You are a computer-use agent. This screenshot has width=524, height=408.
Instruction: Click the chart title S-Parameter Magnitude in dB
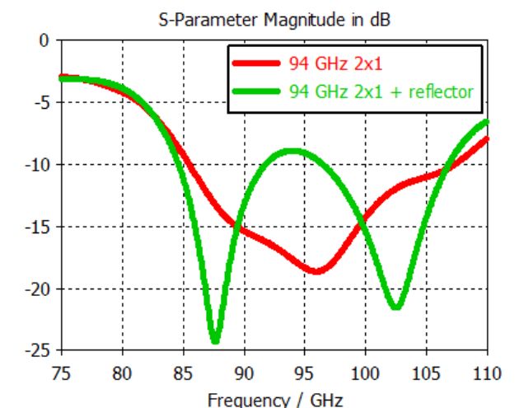[274, 18]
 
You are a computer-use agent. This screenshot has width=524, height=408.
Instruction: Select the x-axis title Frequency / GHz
[274, 401]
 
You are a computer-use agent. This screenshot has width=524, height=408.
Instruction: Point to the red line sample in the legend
[257, 63]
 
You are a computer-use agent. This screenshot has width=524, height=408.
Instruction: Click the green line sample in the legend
[257, 91]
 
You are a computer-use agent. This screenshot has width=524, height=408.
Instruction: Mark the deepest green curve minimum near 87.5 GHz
[215, 340]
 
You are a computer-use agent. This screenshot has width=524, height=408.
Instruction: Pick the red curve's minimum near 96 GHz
[317, 270]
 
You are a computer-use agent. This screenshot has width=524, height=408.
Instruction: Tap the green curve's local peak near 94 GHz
[292, 151]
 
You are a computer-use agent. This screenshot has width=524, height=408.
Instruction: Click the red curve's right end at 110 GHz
[487, 138]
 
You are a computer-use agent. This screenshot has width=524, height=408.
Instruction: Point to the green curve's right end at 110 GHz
[487, 122]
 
